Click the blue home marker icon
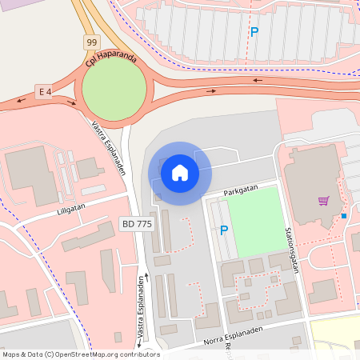point(179,173)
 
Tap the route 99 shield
point(92,42)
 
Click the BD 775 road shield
point(135,224)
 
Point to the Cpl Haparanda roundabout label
point(111,60)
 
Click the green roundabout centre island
point(114,89)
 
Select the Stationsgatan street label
point(290,248)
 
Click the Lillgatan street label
point(71,206)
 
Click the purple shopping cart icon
point(324,201)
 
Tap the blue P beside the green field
point(224,230)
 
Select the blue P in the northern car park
point(254,32)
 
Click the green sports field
point(256,221)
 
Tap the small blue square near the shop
point(344,215)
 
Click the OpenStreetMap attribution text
point(81,354)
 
